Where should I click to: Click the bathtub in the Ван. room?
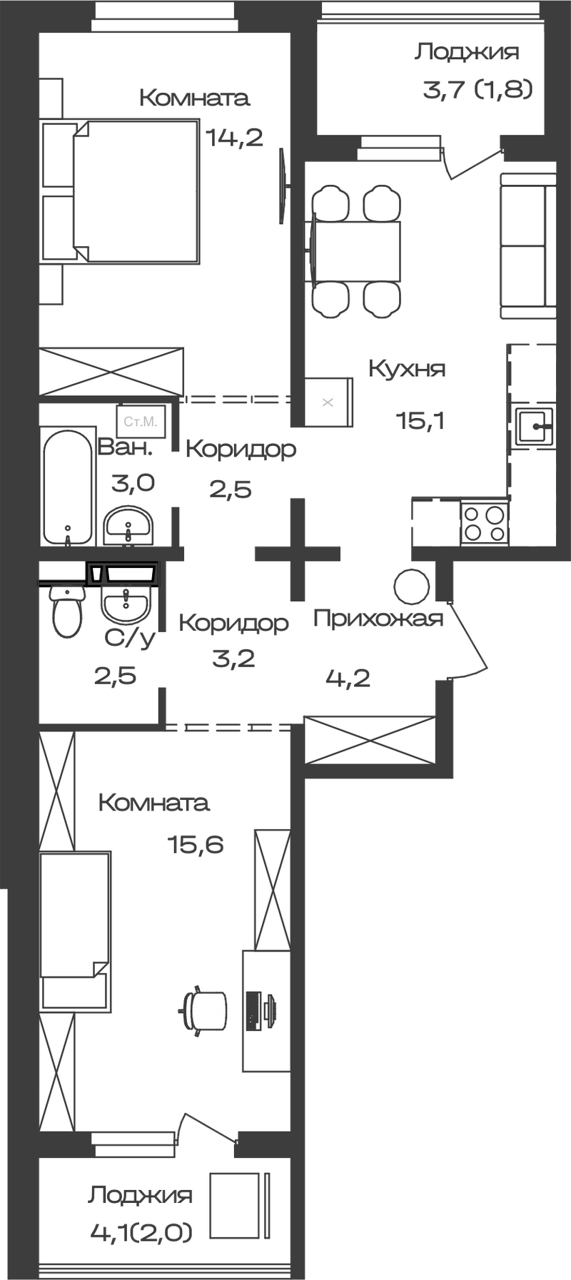[68, 487]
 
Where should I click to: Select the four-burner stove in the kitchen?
[484, 523]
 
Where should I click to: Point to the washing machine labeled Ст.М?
[141, 422]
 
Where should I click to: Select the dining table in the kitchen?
[354, 251]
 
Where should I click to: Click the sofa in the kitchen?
[527, 245]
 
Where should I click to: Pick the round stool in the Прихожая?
[412, 585]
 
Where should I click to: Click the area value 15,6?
[196, 845]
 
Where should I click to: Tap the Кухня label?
[407, 369]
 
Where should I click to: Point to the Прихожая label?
[378, 618]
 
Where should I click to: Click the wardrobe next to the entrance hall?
[370, 739]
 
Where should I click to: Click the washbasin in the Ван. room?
[128, 527]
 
